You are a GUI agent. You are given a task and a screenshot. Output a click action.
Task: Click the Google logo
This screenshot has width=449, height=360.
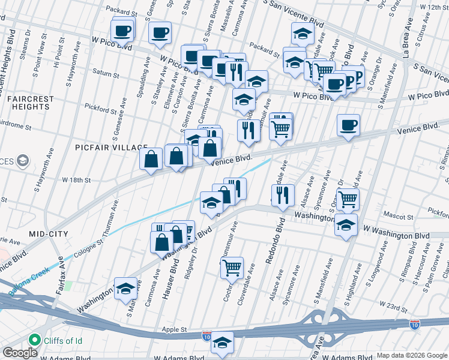click(x=20, y=352)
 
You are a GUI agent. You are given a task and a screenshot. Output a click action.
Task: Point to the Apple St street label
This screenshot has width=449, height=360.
click(x=175, y=329)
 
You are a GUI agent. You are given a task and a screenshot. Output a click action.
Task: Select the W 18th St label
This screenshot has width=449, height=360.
click(x=76, y=179)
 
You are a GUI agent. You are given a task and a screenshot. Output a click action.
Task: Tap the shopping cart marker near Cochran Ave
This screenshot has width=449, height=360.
click(x=232, y=268)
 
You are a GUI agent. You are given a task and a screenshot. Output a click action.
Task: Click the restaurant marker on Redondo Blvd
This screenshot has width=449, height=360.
click(x=283, y=194)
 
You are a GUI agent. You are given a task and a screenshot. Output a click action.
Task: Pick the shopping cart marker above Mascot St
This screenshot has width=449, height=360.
click(x=348, y=199)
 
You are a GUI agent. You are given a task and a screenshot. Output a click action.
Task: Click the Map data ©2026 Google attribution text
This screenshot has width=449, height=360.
click(x=411, y=355)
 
